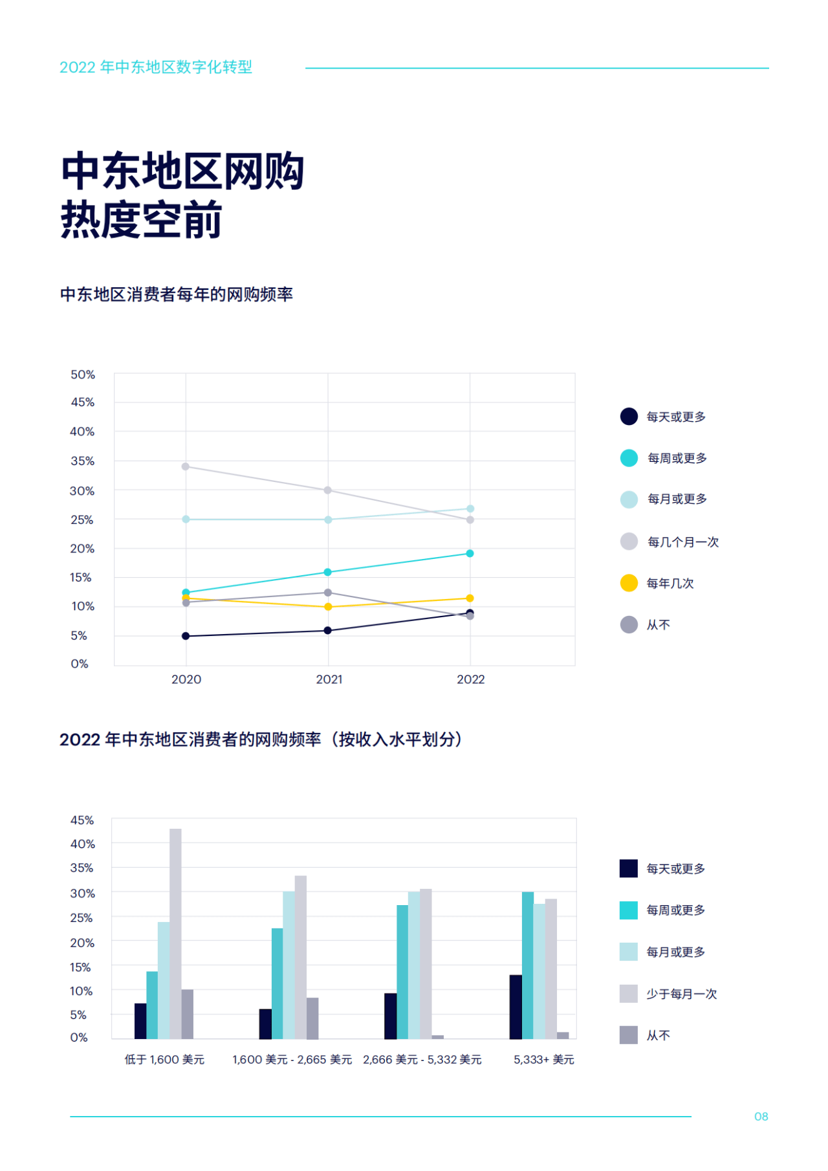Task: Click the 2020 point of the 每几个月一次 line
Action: tap(186, 466)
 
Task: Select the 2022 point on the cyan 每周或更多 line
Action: tap(470, 553)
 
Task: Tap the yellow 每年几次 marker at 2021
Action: tap(328, 607)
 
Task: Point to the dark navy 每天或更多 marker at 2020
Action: tap(186, 636)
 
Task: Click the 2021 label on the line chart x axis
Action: tap(329, 679)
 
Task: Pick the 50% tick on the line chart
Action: tap(83, 375)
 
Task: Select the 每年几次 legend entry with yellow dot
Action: tap(670, 584)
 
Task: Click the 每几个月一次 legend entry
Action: tap(683, 542)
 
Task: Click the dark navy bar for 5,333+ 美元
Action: tap(516, 1007)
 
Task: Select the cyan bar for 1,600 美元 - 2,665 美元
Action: tap(277, 983)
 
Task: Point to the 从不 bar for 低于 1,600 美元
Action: tap(188, 1014)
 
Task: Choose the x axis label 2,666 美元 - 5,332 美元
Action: tap(422, 1060)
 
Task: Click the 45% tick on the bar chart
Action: tap(82, 820)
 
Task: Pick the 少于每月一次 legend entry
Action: tap(682, 994)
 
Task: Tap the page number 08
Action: tap(761, 1117)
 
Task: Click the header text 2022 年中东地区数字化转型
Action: tap(156, 67)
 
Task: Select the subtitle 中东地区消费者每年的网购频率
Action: tap(177, 294)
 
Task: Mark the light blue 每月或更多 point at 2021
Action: tap(328, 520)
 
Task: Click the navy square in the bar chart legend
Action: tap(628, 868)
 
